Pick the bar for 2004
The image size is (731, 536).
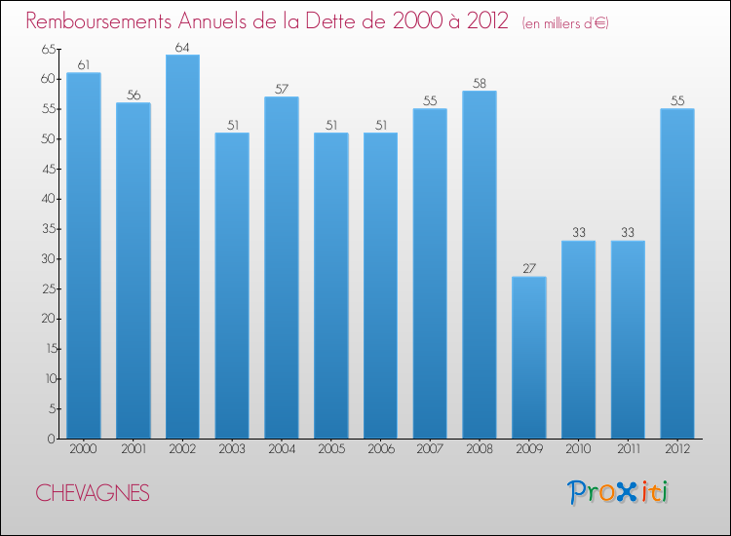[282, 268]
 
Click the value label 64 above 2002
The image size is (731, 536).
[182, 47]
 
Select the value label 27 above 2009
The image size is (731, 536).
[529, 269]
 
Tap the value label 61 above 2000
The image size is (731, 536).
[84, 65]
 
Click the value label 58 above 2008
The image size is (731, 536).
[480, 83]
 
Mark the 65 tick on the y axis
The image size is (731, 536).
[48, 49]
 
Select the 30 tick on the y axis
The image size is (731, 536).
[48, 259]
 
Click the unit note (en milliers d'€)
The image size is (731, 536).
[564, 23]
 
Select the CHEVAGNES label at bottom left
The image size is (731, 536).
[93, 494]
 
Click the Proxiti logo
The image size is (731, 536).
[618, 492]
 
